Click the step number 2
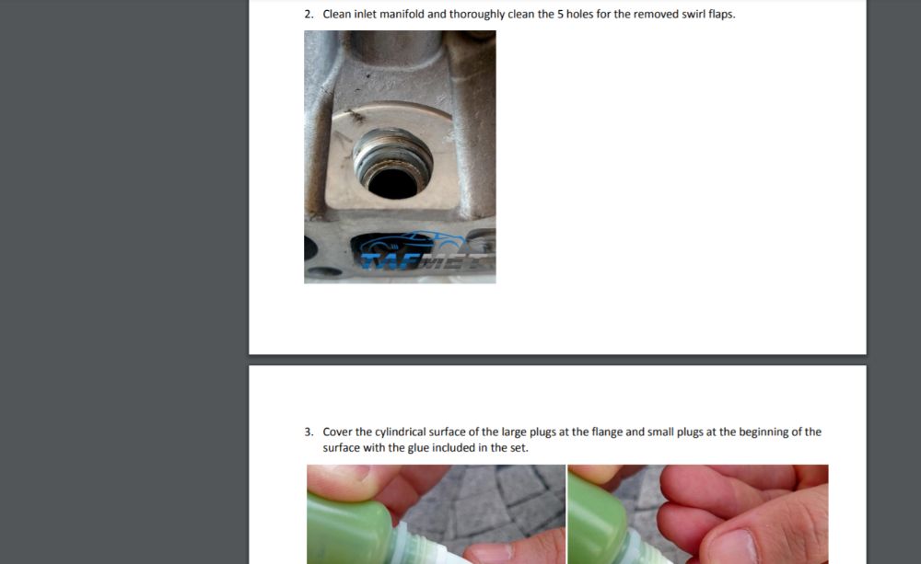pos(309,14)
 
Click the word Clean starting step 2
pos(336,14)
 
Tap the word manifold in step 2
pos(402,14)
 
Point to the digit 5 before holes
pos(560,14)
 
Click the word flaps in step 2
pos(721,15)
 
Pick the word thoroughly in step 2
pos(477,15)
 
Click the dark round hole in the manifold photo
pos(392,183)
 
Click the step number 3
pos(309,432)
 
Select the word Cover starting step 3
pos(337,432)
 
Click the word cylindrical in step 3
pos(400,432)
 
